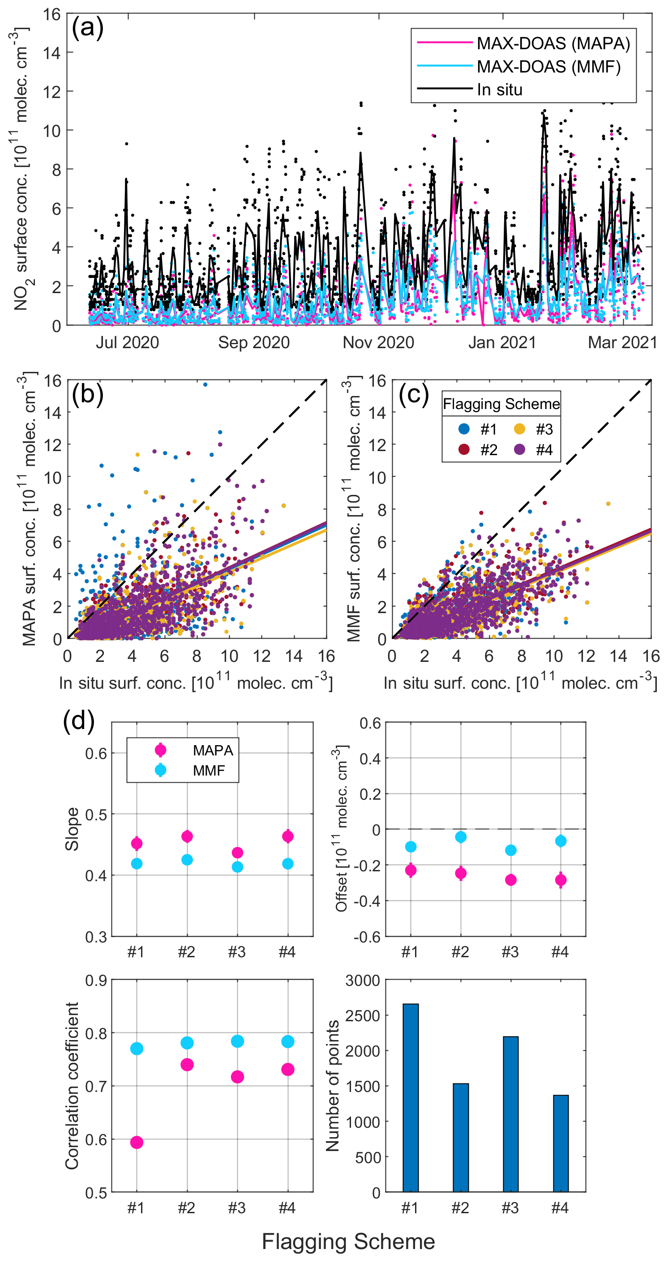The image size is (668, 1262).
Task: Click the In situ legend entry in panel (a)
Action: point(499,90)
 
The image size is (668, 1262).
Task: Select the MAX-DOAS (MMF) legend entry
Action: point(548,67)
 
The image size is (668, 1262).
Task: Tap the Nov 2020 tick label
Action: point(378,342)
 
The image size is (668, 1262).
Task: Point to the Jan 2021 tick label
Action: point(502,342)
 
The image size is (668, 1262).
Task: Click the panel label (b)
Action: point(87,394)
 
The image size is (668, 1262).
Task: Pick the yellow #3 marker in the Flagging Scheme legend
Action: point(519,429)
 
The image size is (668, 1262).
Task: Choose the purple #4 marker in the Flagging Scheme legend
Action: point(519,449)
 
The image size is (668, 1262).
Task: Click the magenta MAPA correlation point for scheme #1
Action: point(137,1143)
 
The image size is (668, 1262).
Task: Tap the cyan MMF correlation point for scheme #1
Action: point(137,1049)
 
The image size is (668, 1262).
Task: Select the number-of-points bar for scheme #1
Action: point(411,1098)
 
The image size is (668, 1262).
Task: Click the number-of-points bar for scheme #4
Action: point(561,1143)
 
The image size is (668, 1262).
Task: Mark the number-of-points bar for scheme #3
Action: point(510,1114)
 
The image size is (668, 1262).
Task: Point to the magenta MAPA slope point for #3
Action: point(237,853)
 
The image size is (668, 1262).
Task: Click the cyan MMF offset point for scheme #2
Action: point(461,837)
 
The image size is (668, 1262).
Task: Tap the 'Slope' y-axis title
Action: point(72,829)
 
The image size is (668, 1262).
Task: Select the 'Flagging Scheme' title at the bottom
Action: point(348,1241)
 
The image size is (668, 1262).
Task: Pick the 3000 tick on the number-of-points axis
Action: point(362,981)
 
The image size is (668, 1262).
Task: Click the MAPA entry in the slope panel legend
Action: point(212,750)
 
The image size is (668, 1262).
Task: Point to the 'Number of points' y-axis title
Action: point(332,1086)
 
